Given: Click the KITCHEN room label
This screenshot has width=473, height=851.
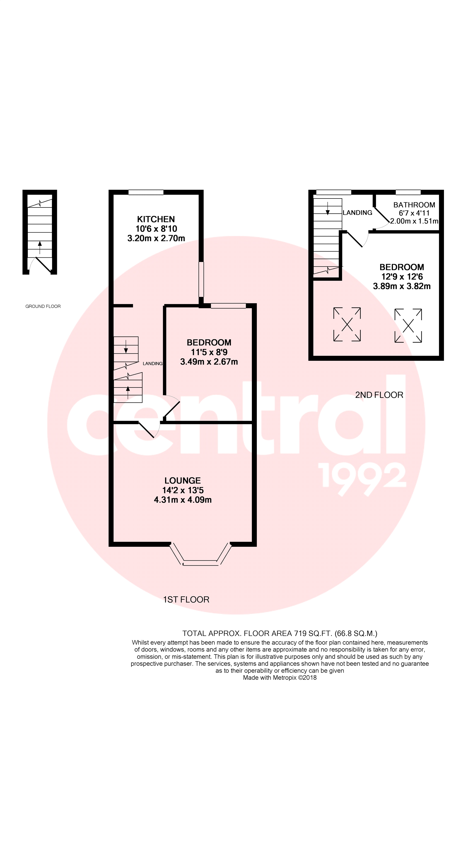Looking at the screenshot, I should point(156,219).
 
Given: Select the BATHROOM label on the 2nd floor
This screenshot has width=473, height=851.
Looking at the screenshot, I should point(414,205).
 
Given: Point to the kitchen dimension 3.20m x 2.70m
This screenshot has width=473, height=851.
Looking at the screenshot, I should point(156,238).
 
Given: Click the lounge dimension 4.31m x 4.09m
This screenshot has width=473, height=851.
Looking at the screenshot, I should point(182,499).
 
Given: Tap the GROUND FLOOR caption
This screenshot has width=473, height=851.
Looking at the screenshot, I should point(43,306).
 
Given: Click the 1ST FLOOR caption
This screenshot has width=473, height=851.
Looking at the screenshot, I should point(186,600).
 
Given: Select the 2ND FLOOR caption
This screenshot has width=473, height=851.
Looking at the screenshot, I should point(379,395).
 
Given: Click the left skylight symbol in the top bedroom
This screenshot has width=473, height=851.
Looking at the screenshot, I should point(347,324).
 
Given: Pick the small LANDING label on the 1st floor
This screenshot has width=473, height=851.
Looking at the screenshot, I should point(153,364).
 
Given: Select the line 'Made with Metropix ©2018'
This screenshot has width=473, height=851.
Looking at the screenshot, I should point(279,678).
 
